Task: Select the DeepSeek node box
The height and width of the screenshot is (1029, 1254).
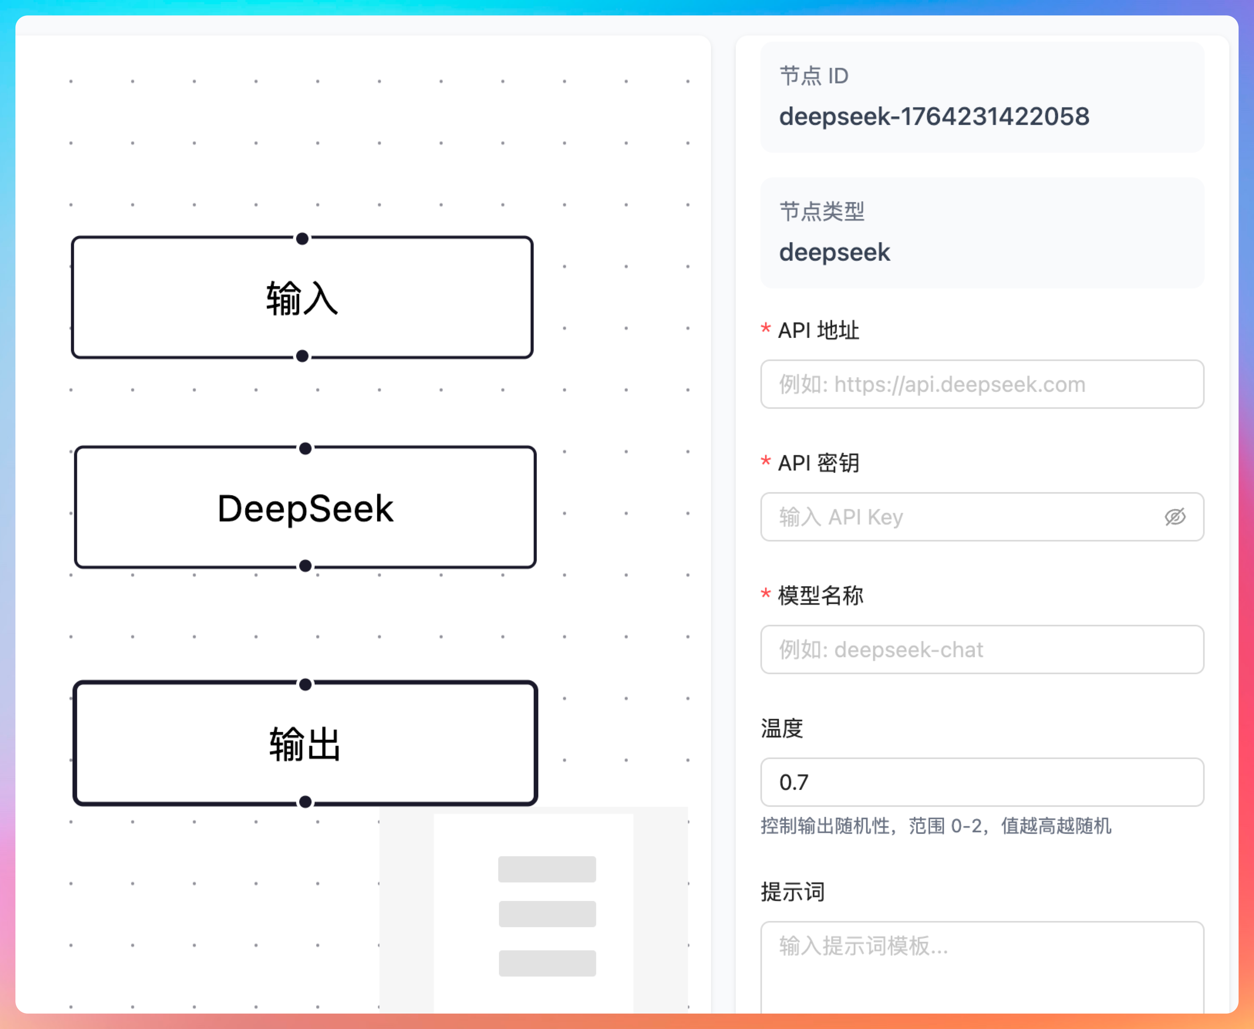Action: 305,508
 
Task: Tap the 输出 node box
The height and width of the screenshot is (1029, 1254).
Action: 305,743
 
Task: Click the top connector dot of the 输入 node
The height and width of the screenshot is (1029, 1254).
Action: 302,239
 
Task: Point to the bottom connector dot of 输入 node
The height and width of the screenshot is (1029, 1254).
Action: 302,356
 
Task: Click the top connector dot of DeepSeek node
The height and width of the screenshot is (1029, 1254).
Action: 305,449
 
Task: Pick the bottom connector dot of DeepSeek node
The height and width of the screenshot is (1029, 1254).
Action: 305,566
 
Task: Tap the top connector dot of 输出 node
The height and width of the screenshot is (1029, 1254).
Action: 305,685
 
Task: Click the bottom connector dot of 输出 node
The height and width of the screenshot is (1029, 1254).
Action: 305,802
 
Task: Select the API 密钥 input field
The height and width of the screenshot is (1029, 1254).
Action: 960,517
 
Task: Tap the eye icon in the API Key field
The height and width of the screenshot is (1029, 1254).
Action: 1175,517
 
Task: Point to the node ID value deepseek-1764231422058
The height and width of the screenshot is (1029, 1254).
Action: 934,116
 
